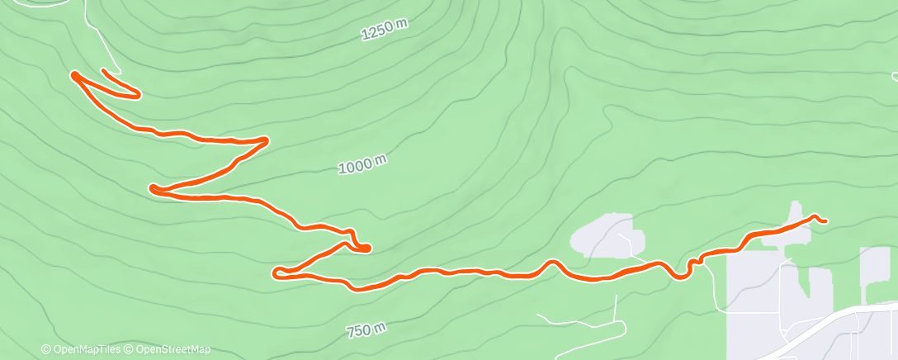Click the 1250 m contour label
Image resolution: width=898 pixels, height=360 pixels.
(385, 31)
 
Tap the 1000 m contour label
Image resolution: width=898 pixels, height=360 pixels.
(362, 165)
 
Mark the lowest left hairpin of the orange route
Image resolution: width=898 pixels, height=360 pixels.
(277, 270)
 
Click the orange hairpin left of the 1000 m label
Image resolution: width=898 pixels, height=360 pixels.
(154, 189)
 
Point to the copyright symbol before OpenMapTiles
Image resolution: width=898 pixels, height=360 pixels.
(45, 350)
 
